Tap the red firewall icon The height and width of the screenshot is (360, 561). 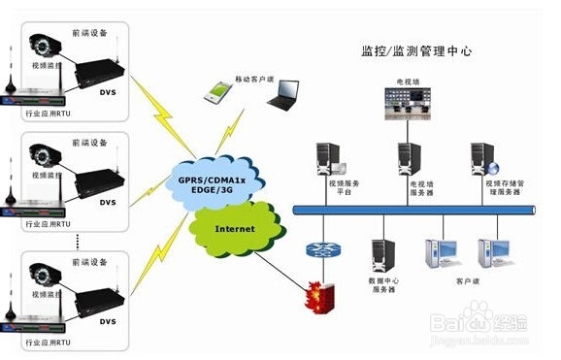coord(317,292)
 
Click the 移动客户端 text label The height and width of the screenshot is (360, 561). coord(253,78)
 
